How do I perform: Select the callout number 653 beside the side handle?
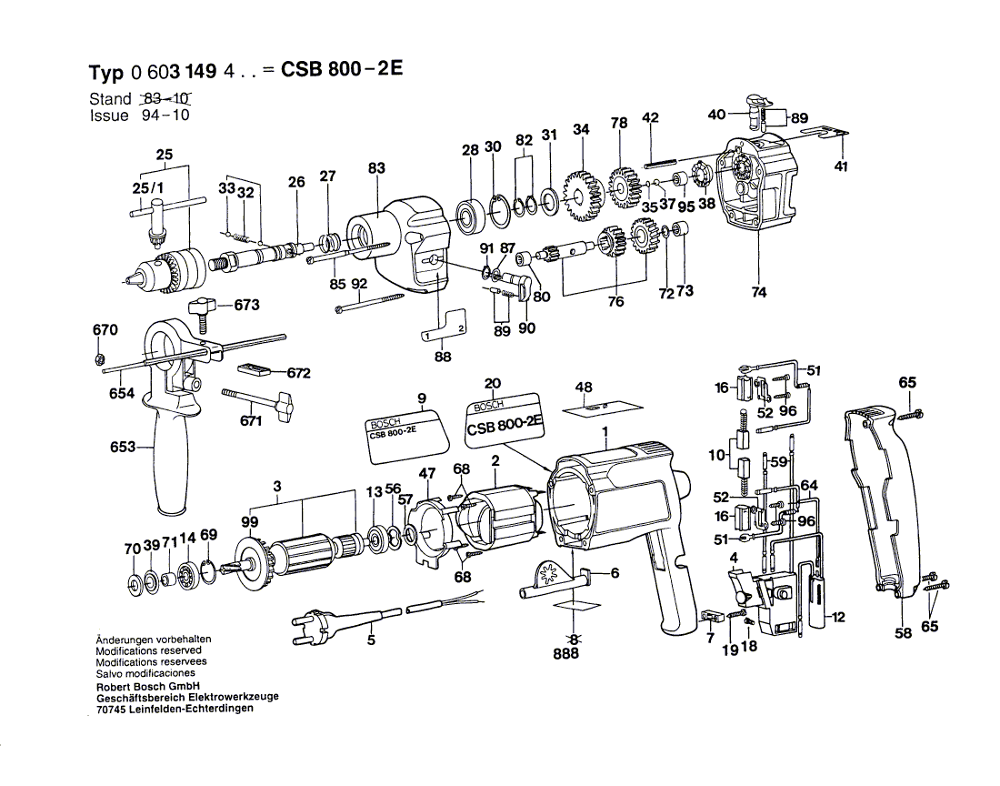pyautogui.click(x=123, y=447)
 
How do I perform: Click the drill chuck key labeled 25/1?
pyautogui.click(x=155, y=219)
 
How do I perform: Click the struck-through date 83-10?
pyautogui.click(x=170, y=99)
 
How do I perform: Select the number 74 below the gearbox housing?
pyautogui.click(x=759, y=292)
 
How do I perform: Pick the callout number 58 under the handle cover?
pyautogui.click(x=903, y=633)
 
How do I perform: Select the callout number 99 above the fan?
pyautogui.click(x=249, y=522)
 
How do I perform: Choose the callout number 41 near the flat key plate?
pyautogui.click(x=841, y=166)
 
